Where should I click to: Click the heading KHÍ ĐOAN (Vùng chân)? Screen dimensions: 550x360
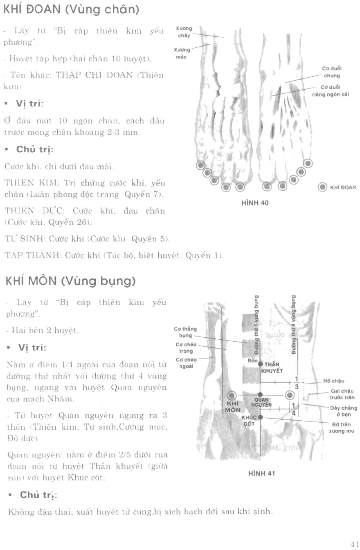72,10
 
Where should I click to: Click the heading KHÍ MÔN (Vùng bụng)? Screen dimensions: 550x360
70,281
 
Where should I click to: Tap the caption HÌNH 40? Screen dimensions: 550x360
255,202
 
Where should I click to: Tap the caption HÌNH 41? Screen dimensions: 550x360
261,473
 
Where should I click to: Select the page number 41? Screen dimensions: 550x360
354,544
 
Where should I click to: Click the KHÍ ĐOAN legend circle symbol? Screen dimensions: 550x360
322,187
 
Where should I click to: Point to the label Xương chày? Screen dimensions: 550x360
184,32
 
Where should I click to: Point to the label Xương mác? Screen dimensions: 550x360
181,53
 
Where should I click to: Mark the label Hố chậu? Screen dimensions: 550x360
333,381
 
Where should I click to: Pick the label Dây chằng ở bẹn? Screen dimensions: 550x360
343,411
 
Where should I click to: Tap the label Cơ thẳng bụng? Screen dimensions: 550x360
185,332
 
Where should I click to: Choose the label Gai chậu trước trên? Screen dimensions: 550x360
342,394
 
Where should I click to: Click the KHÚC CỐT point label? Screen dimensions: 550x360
249,421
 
